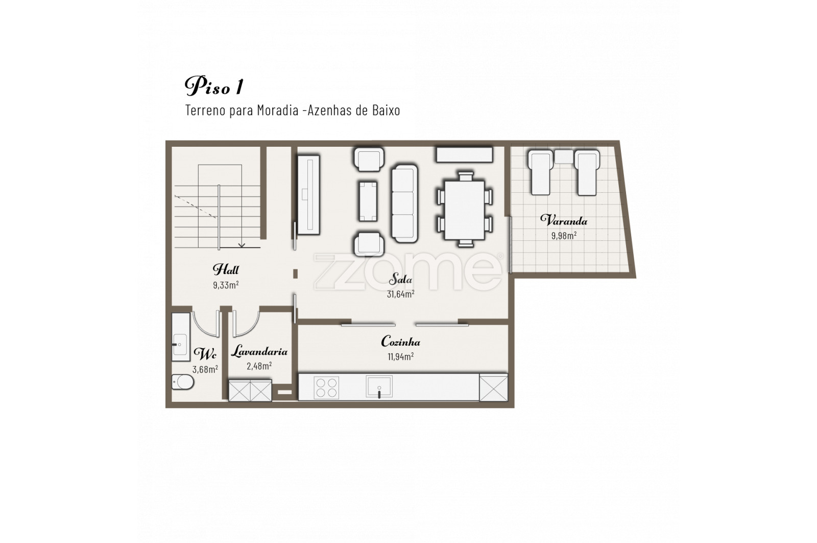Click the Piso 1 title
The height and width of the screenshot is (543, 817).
coord(214,86)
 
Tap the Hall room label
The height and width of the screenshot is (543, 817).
coord(226,269)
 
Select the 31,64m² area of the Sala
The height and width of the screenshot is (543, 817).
coord(400,294)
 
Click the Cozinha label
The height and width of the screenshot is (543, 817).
coord(400,342)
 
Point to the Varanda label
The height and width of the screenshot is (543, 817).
coord(564,220)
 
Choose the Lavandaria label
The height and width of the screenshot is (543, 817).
coord(259,351)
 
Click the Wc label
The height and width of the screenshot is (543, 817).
coord(205,353)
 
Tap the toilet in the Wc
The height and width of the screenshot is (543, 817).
coord(183,382)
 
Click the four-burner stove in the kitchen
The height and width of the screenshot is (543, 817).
coord(326,388)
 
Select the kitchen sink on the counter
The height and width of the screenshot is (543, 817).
coord(379,387)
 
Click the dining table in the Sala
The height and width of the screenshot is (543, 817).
coord(465,210)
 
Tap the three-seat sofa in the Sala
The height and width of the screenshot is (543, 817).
coord(404,203)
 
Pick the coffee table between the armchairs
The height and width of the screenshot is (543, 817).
coord(368,201)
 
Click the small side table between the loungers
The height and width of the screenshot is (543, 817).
coord(564,156)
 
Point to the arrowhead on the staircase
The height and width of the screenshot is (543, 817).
coord(242,245)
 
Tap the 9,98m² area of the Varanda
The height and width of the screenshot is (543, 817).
coord(564,236)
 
